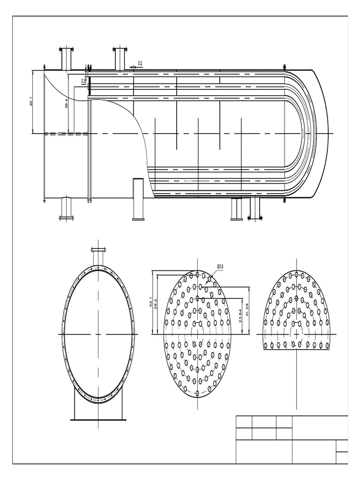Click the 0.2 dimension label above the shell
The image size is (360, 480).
coord(140,63)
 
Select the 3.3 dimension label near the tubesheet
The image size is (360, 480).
coord(83,82)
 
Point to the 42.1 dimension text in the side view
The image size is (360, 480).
coord(30,102)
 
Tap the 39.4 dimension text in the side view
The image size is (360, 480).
coord(66,103)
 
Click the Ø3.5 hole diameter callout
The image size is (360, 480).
coord(220,267)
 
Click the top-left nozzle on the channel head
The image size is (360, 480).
coord(66,58)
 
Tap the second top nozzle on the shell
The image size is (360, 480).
coord(120,58)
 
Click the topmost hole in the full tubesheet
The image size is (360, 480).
coord(197,275)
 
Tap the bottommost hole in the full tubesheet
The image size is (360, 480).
coord(197,393)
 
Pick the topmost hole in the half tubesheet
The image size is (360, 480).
coord(296,275)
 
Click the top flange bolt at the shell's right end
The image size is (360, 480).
coord(284,67)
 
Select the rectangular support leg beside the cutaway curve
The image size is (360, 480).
coord(138,199)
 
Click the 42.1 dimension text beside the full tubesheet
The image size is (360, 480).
coord(150,302)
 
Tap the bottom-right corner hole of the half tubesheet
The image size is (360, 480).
coord(327,346)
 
